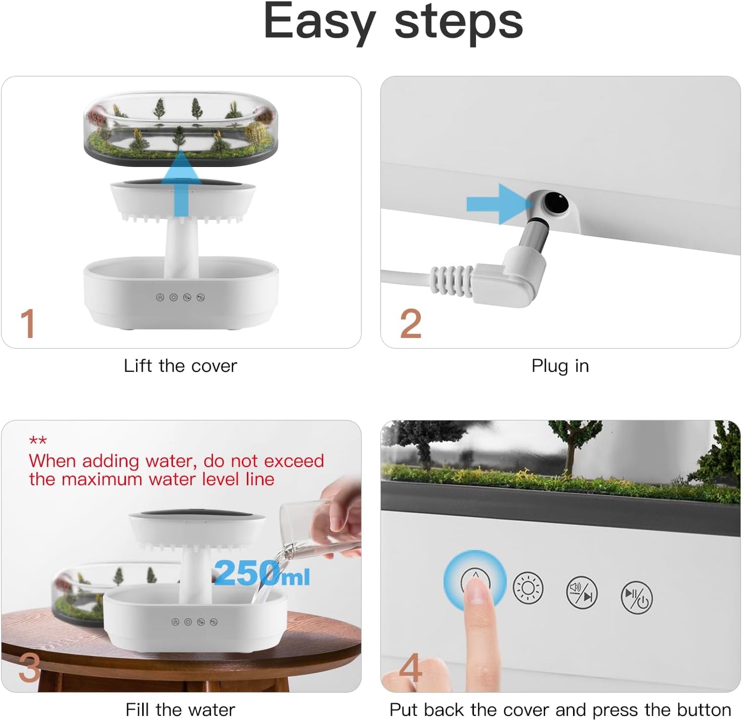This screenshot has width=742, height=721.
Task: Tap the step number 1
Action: tap(28, 324)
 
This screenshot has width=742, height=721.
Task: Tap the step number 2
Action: tap(411, 324)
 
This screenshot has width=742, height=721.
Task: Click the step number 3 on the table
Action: tap(29, 668)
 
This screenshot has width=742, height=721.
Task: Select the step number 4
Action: tap(411, 668)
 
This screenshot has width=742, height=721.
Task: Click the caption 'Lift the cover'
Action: tap(180, 366)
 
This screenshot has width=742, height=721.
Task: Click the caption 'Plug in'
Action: tap(560, 366)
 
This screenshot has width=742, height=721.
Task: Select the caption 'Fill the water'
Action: tap(180, 710)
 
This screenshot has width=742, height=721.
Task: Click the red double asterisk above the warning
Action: tap(38, 441)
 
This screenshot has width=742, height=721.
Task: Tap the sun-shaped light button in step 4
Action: tap(528, 587)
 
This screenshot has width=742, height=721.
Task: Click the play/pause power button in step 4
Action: tap(637, 597)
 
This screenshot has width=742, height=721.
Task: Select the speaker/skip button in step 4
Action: tap(582, 593)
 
